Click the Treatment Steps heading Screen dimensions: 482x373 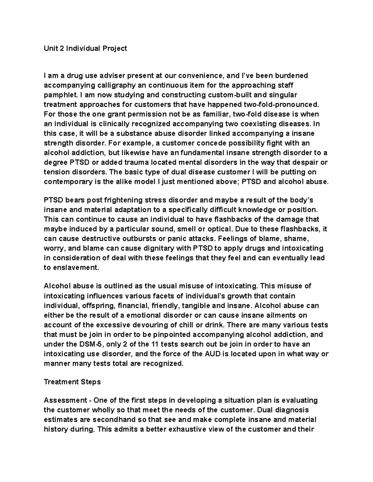72,382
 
